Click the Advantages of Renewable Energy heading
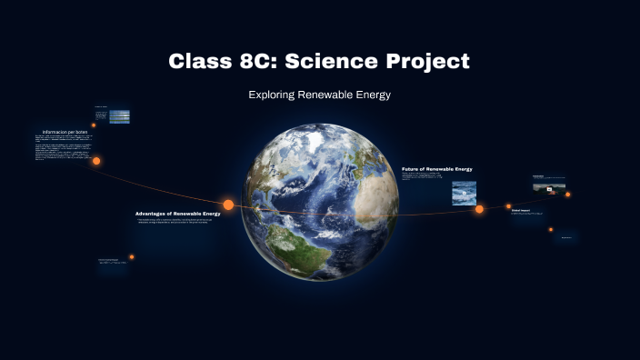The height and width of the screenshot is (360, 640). [177, 214]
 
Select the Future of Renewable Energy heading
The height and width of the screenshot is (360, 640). [436, 169]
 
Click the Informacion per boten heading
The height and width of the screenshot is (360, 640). [64, 132]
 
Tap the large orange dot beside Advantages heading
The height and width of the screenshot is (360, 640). [228, 205]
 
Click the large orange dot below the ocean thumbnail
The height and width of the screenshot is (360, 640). [479, 209]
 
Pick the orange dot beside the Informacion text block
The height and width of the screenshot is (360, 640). [96, 161]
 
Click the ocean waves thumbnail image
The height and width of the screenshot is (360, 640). [464, 193]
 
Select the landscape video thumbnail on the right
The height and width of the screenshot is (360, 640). [549, 188]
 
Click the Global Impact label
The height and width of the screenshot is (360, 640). [521, 210]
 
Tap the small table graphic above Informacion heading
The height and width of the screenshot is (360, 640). [118, 116]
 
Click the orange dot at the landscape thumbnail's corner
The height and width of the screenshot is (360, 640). [568, 194]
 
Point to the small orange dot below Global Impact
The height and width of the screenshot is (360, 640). [551, 229]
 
